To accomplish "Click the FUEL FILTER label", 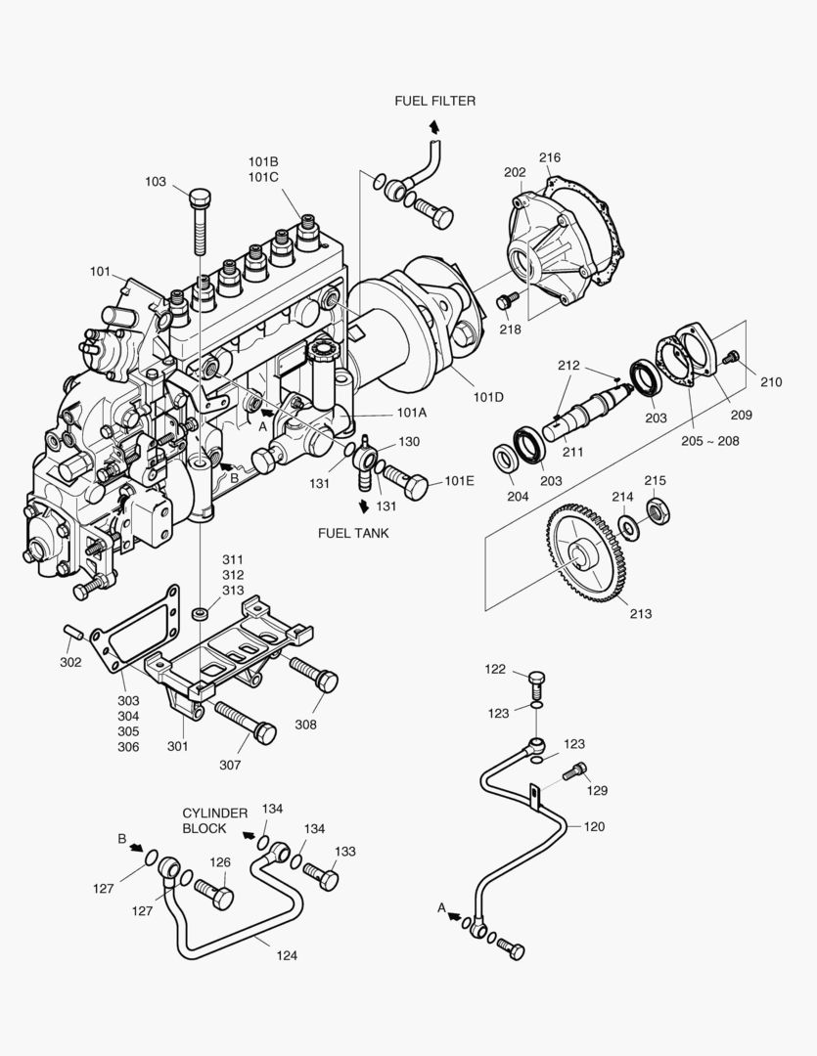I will click(x=434, y=101).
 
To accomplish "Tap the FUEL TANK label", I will click(x=353, y=533).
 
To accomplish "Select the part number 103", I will click(x=156, y=181).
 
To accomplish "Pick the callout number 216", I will click(x=549, y=157).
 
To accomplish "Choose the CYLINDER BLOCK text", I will click(x=204, y=820).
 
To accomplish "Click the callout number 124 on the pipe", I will click(x=287, y=955).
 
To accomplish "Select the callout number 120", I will click(x=594, y=826).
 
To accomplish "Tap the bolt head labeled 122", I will click(x=535, y=678).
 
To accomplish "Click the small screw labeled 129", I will click(x=577, y=770).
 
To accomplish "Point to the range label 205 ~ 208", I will click(x=709, y=440).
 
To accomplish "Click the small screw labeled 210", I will click(x=729, y=361).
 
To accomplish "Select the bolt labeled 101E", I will click(x=406, y=480).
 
